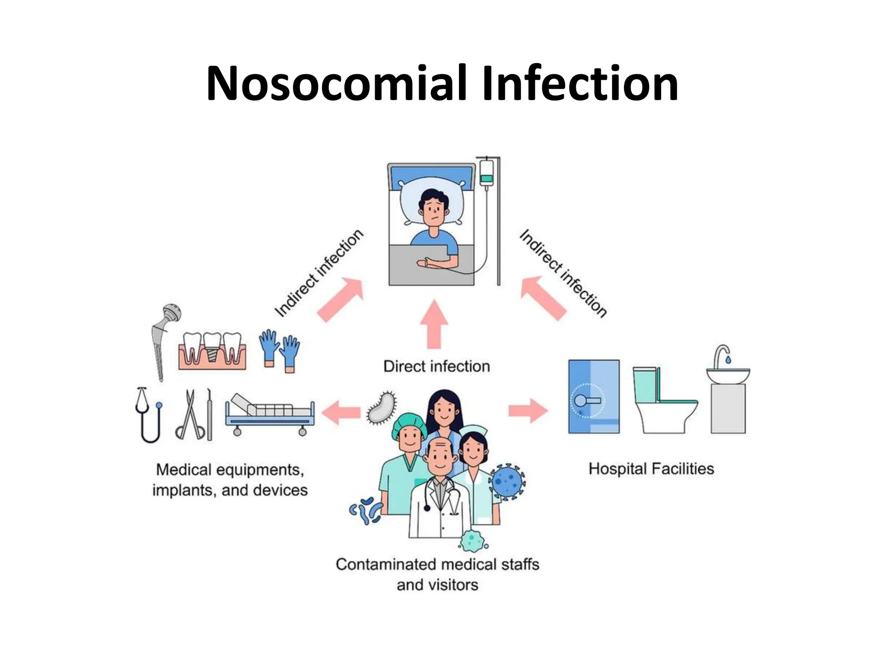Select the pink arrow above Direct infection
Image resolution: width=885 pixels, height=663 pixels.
434,324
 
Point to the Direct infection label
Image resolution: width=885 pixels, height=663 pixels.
436,366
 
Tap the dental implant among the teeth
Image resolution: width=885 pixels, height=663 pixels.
212,347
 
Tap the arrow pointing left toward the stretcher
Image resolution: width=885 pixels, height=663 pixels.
341,413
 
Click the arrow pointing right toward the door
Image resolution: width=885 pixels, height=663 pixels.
528,410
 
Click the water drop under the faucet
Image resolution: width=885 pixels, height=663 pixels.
728,359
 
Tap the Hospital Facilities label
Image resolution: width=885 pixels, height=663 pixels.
651,469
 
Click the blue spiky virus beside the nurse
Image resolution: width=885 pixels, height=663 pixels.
507,481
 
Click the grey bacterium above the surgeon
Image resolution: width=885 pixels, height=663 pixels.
381,407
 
